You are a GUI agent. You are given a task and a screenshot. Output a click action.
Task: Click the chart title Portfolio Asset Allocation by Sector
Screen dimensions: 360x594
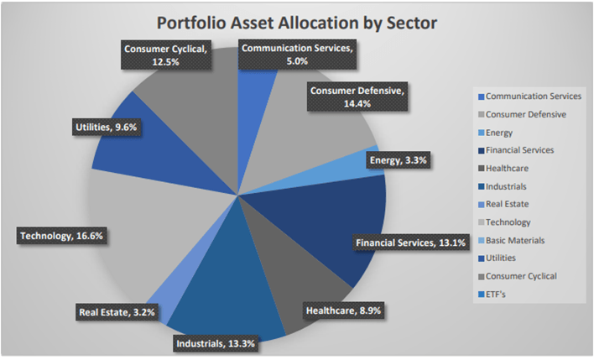[x=297, y=22]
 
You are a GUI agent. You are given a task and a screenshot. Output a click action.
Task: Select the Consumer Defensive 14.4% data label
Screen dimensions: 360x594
[x=357, y=97]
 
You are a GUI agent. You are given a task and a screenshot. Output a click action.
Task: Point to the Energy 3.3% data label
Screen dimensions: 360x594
[x=401, y=159]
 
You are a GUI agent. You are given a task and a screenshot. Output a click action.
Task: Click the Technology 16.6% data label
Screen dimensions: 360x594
[x=60, y=237]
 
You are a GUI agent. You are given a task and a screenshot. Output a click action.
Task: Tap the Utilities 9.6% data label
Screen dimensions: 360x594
[x=105, y=128]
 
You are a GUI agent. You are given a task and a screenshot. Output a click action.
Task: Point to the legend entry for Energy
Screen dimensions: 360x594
[x=504, y=133]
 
